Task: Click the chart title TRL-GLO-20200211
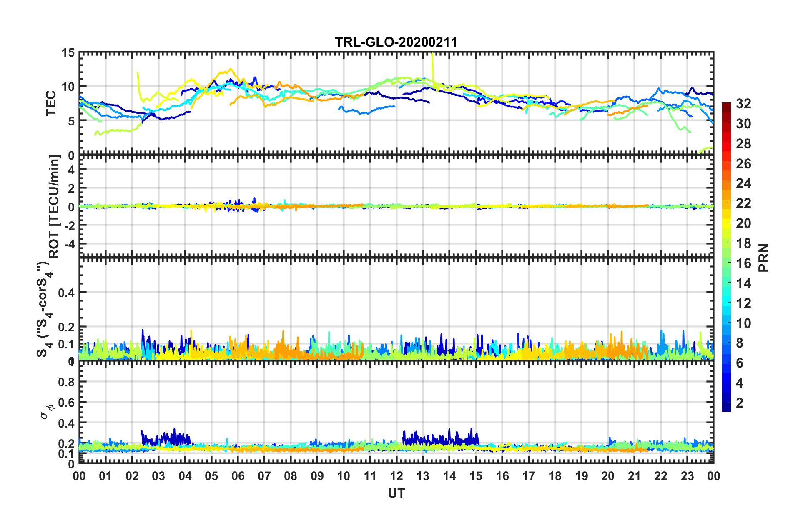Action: (396, 42)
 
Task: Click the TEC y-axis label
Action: (51, 103)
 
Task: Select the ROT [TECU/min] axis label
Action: (54, 206)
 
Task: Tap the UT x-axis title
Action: (396, 493)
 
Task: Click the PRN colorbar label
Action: (763, 258)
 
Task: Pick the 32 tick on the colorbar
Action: (743, 104)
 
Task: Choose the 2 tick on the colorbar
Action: (740, 403)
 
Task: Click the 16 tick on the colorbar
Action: (743, 263)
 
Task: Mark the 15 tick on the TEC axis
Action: (68, 53)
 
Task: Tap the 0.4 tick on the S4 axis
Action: (66, 293)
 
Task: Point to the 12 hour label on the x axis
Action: (396, 476)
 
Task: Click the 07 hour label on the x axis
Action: (264, 476)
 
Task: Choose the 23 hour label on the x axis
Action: (687, 476)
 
